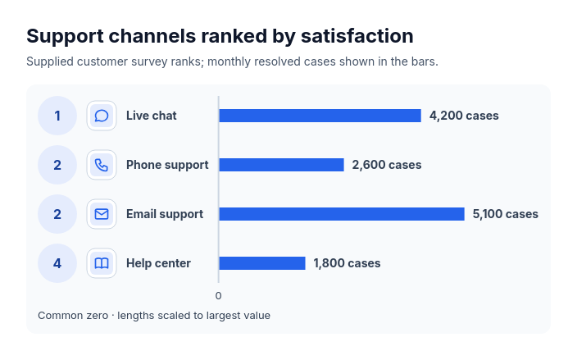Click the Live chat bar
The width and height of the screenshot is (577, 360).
click(x=320, y=116)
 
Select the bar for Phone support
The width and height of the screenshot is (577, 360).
click(x=281, y=165)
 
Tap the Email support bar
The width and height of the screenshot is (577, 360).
click(x=342, y=214)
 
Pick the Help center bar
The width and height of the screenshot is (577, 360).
click(x=262, y=263)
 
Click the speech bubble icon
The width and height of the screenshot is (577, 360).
click(x=102, y=116)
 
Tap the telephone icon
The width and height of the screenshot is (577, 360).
click(x=102, y=165)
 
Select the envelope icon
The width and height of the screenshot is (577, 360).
click(x=102, y=214)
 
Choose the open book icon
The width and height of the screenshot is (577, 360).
click(x=102, y=263)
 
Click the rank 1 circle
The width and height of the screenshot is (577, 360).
click(x=57, y=116)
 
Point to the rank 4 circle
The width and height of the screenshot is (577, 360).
click(x=57, y=263)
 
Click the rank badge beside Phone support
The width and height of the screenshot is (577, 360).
click(x=57, y=165)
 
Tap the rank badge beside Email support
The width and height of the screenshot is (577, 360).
click(x=57, y=214)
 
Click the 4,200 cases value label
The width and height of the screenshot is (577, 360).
click(x=464, y=116)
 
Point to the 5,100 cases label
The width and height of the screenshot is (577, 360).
click(x=505, y=214)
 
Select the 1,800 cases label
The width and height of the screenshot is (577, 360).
click(x=347, y=263)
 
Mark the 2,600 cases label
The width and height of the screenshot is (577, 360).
click(x=387, y=165)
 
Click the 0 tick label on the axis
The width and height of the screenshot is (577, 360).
click(x=219, y=296)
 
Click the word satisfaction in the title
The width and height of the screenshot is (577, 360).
click(x=357, y=36)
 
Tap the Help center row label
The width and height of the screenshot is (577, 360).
click(x=159, y=263)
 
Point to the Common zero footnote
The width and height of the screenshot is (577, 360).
click(x=154, y=316)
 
